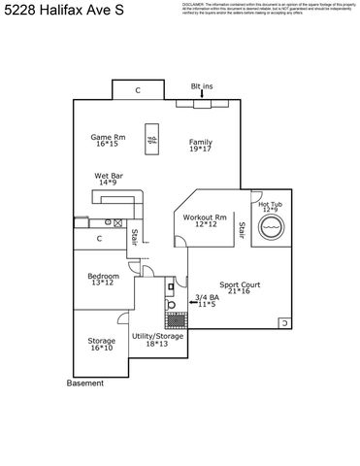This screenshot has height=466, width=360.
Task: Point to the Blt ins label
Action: point(201,85)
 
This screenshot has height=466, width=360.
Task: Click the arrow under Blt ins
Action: point(201,94)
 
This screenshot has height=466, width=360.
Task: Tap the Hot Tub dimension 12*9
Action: point(271,210)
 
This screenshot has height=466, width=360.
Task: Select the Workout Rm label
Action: point(205,216)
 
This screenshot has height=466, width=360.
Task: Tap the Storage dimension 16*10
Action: point(101,348)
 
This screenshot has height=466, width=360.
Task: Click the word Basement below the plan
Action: point(84,383)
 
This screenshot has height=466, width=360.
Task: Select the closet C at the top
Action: point(138,89)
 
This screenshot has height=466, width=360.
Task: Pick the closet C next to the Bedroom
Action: point(100,238)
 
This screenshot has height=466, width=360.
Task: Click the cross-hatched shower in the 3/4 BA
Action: point(176,319)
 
